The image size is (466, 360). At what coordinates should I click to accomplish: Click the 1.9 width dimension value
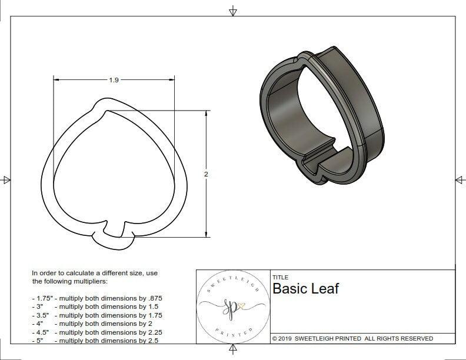[x=114, y=81]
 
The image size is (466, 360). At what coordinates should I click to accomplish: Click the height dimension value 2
[x=207, y=174]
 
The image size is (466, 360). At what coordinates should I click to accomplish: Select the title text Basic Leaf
[x=305, y=289]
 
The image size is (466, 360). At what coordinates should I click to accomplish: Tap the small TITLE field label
[x=279, y=277]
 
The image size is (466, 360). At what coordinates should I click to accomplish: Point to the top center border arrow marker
[x=233, y=11]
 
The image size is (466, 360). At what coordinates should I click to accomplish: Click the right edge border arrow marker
[x=460, y=179]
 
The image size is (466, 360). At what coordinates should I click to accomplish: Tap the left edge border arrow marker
[x=6, y=179]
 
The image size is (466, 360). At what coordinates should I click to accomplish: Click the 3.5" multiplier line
[x=97, y=315]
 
